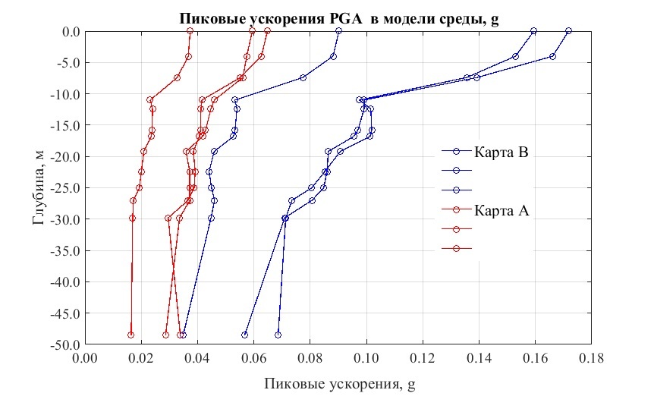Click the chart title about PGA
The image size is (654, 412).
pos(338,20)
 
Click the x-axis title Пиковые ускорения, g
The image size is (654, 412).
pos(339,385)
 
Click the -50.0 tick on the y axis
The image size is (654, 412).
pos(65,344)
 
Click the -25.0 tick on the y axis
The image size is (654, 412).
pos(65,188)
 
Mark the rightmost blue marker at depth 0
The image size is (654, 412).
pos(568,31)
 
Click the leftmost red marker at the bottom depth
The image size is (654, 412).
pos(130,335)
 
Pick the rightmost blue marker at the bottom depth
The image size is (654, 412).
pos(278,335)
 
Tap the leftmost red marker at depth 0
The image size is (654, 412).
pos(190,31)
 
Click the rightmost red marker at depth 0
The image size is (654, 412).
pos(267,31)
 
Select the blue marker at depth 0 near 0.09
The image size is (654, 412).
pos(338,31)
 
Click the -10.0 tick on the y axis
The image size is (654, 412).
pos(65,94)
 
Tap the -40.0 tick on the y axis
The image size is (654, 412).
pos(65,281)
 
